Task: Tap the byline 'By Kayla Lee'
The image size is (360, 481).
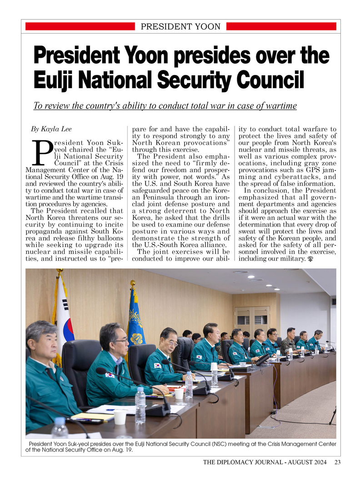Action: (x=51, y=129)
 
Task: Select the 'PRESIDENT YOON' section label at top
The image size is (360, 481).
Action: (x=180, y=27)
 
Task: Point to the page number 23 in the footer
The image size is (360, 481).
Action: (x=337, y=462)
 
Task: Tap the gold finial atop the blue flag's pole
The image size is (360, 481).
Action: (x=132, y=283)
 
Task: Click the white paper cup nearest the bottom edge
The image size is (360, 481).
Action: (x=120, y=417)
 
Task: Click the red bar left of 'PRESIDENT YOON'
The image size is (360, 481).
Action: (x=80, y=27)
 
